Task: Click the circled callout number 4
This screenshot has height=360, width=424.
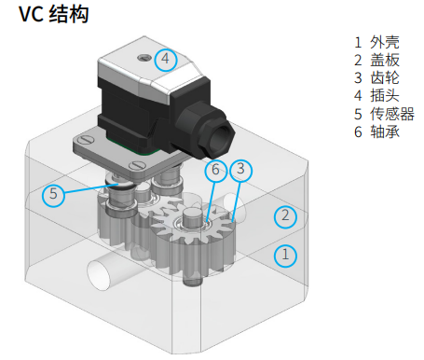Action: [166, 59]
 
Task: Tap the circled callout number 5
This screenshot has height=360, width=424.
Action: [53, 195]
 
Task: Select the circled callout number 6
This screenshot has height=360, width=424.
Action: [215, 171]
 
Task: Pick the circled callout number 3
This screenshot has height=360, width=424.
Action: [240, 170]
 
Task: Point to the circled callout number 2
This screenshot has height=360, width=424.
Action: [285, 216]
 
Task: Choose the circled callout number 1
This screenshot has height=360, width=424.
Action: [285, 256]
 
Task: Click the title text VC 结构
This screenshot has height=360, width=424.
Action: [54, 15]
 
